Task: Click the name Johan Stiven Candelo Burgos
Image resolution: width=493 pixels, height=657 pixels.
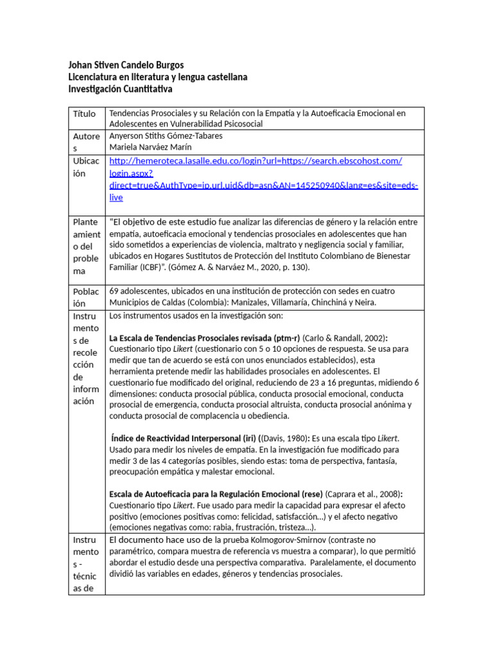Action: pyautogui.click(x=126, y=65)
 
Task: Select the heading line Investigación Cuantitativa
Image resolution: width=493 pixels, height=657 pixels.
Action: pyautogui.click(x=121, y=89)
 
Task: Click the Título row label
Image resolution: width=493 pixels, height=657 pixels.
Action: pyautogui.click(x=84, y=114)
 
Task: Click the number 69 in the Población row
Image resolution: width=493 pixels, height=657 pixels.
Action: pyautogui.click(x=115, y=291)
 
